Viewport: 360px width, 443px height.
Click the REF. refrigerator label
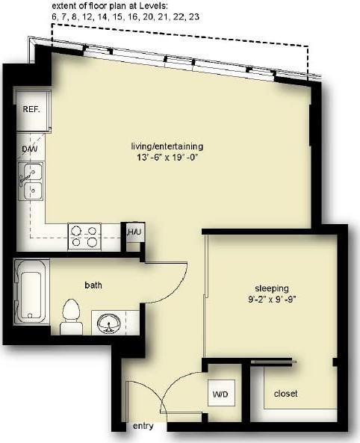(x=31, y=109)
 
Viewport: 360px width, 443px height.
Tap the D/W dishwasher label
(x=30, y=149)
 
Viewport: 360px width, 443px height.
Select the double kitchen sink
(x=31, y=182)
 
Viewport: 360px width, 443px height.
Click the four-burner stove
(x=84, y=236)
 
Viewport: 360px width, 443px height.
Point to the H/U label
(x=134, y=234)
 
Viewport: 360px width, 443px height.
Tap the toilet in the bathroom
(x=72, y=316)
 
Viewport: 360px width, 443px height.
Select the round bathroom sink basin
(x=109, y=323)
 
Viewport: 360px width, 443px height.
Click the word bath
(x=93, y=285)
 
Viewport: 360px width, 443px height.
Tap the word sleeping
(x=273, y=288)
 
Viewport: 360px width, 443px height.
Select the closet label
(x=286, y=393)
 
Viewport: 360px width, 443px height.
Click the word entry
(x=143, y=427)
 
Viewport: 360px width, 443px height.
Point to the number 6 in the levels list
(x=53, y=16)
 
